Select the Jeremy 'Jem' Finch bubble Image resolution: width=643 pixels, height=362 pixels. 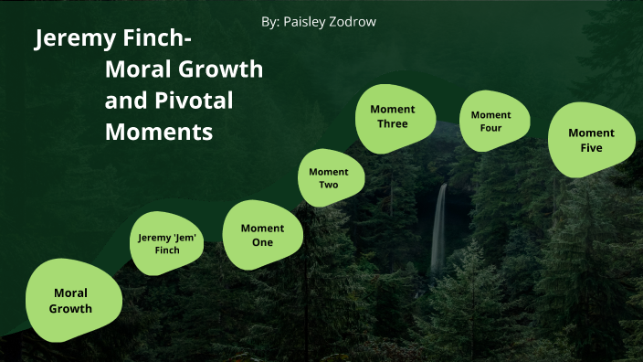(167, 243)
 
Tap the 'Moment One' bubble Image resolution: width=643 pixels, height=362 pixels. (262, 235)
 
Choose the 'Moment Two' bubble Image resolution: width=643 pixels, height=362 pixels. (329, 178)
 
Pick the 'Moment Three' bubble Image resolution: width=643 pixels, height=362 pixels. (393, 117)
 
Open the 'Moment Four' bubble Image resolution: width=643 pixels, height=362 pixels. (491, 122)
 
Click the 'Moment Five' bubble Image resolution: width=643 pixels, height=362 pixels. (591, 140)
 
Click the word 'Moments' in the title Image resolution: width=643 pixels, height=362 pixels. (159, 131)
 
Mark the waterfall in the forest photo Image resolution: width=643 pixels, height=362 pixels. (439, 229)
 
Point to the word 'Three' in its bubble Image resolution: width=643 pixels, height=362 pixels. (392, 124)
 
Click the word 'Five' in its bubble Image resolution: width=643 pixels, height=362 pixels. (591, 148)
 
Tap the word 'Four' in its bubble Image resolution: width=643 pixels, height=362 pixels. (491, 128)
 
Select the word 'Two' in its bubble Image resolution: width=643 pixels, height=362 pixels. (329, 185)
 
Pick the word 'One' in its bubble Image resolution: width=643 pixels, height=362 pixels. (262, 242)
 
